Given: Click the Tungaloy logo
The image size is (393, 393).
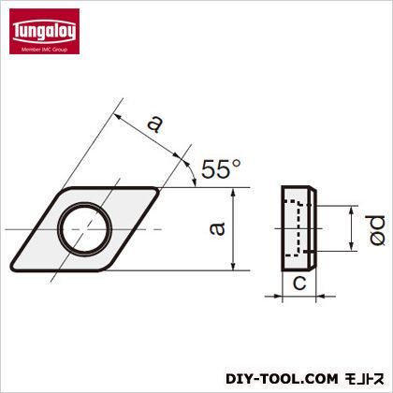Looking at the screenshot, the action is tap(44, 31).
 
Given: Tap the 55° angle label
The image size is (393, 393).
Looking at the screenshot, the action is tap(221, 168).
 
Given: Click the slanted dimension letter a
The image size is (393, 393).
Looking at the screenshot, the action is tap(155, 124).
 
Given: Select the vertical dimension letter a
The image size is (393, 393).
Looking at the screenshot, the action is tap(217, 228).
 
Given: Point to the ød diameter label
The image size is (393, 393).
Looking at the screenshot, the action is tap(377, 230).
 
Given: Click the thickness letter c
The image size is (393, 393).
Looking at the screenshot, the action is tap(299, 284).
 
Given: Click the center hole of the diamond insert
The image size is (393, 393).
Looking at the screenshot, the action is tap(85, 229).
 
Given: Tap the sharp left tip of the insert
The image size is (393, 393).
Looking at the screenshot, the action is tap(12, 267).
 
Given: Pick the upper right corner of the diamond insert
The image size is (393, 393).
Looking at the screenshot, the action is tap(156, 190).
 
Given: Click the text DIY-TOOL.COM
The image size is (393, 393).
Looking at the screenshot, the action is tap(282, 379).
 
